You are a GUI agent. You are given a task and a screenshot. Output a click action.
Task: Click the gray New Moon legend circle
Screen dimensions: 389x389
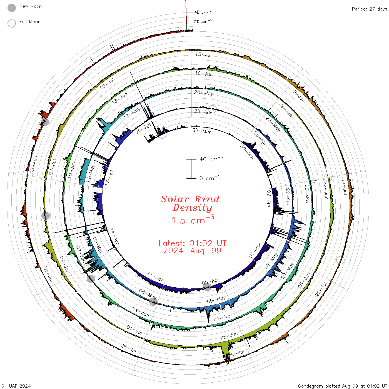click(x=11, y=8)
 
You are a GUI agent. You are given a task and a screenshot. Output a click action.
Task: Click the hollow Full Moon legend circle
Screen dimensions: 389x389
click(x=11, y=23)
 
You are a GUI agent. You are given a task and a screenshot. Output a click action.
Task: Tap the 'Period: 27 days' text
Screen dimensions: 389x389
click(x=369, y=9)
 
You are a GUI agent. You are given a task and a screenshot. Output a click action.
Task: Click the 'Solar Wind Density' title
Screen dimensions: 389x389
click(x=190, y=203)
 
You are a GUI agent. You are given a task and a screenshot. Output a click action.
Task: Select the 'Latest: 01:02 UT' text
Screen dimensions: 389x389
click(x=192, y=243)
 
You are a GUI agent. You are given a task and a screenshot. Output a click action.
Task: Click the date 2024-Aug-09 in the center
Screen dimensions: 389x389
click(x=192, y=251)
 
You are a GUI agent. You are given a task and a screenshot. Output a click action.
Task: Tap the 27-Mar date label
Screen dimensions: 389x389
click(x=202, y=131)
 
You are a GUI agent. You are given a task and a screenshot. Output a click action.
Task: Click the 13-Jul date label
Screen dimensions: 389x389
click(x=203, y=54)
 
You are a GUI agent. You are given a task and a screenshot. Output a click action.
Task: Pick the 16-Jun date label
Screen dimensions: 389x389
click(x=204, y=74)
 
